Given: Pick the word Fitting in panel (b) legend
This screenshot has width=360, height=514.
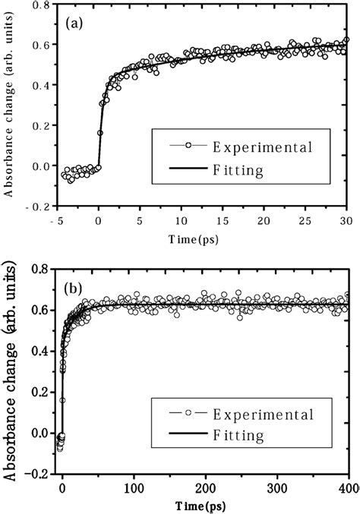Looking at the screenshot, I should [236, 437].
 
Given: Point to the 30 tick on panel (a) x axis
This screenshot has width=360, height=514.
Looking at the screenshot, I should [346, 221].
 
